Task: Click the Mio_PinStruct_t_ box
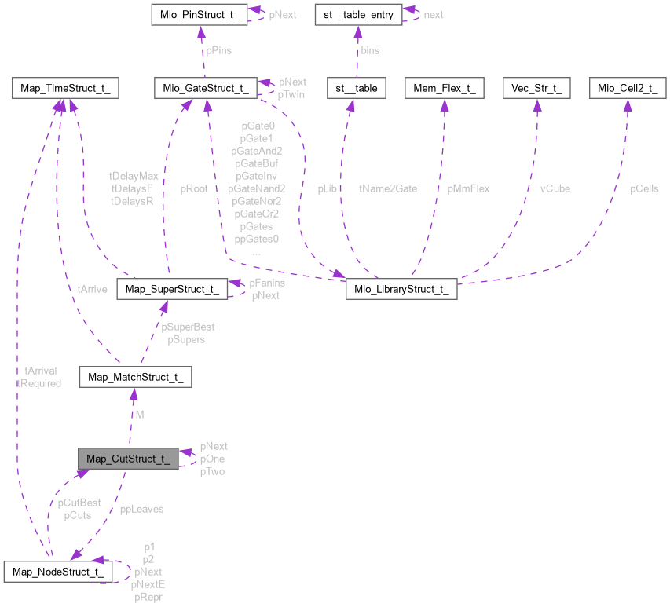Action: coord(201,14)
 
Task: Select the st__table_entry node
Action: coord(357,14)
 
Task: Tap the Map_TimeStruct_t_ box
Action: coord(65,88)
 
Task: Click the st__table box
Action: coord(357,88)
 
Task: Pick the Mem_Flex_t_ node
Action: coord(445,88)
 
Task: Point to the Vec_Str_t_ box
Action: coord(536,88)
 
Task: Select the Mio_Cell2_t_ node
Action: coord(628,88)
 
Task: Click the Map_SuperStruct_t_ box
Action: coord(171,289)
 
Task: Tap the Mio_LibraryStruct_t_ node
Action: coord(401,289)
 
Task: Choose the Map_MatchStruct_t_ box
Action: coord(136,378)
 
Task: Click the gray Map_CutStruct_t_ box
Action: coord(128,459)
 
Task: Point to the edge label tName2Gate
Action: coord(388,188)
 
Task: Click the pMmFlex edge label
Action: coord(469,188)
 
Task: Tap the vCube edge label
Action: coord(555,188)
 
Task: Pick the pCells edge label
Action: coord(644,188)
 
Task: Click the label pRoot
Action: coord(193,188)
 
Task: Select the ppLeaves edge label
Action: coord(141,509)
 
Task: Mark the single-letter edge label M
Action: coord(140,414)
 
